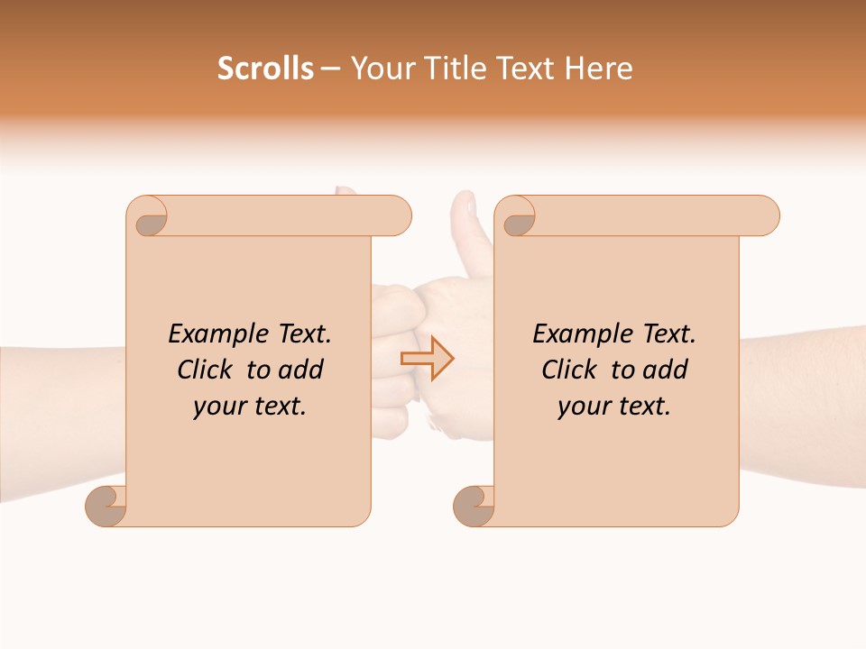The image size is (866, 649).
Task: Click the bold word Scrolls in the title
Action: tap(265, 69)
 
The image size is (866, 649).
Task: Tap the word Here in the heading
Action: tap(599, 69)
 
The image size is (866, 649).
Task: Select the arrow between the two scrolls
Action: tap(428, 358)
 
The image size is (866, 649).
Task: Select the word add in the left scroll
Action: tap(302, 370)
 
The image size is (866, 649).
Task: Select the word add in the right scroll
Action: tap(667, 370)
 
